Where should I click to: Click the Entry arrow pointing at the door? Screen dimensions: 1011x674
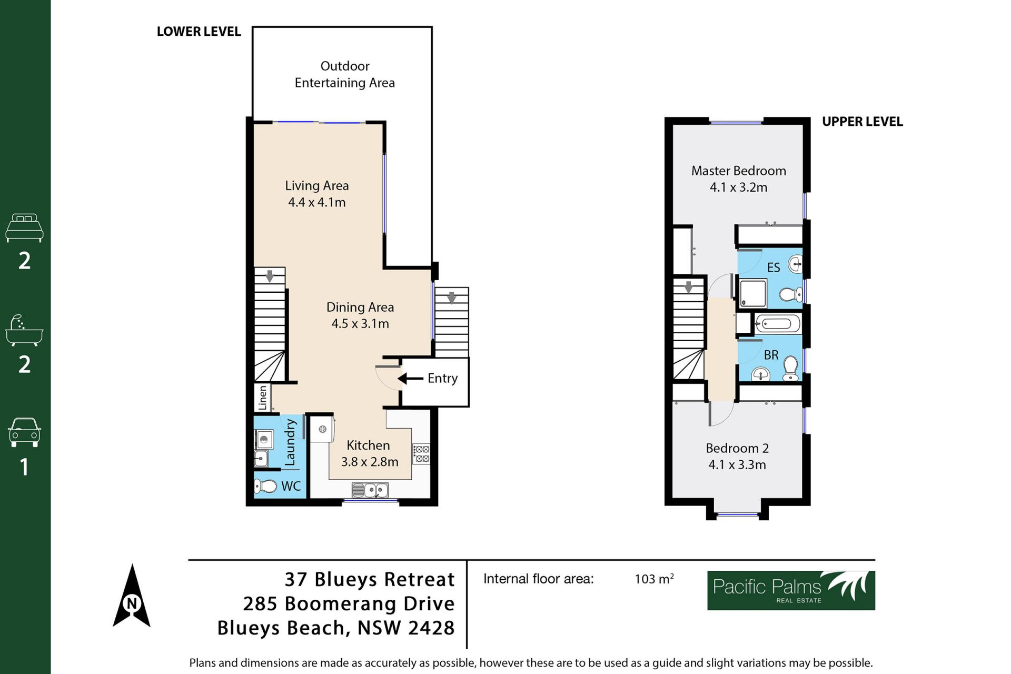click(x=410, y=379)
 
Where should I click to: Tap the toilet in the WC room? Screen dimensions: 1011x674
click(x=266, y=486)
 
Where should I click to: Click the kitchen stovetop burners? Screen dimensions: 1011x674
click(x=421, y=454)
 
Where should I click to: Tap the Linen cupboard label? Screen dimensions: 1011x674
click(x=262, y=398)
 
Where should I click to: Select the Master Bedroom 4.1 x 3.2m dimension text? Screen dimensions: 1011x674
click(x=738, y=187)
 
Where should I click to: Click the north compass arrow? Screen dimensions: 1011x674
click(x=132, y=596)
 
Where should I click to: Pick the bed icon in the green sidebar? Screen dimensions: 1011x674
click(x=24, y=227)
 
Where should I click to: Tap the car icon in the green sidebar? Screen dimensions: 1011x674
click(x=24, y=432)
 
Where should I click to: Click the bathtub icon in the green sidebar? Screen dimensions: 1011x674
click(x=24, y=331)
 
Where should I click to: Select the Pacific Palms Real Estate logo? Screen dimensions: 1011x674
click(x=791, y=590)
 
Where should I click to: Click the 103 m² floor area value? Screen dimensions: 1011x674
click(x=654, y=579)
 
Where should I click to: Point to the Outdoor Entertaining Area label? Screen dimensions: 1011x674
click(x=345, y=74)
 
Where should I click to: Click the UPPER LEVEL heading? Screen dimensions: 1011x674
click(x=863, y=122)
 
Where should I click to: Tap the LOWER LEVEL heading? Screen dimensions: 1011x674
click(x=199, y=32)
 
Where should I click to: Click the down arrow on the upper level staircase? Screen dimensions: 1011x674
click(x=688, y=287)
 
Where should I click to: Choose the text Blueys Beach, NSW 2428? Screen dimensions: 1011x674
click(x=336, y=628)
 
